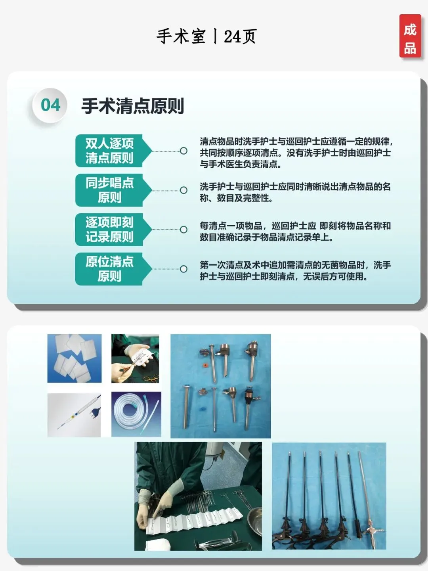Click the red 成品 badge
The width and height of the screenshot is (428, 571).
(410, 36)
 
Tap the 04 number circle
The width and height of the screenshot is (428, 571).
(50, 105)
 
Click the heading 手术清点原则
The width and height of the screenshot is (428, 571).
(133, 106)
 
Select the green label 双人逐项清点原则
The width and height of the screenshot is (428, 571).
(113, 151)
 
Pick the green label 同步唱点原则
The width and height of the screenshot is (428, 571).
(113, 190)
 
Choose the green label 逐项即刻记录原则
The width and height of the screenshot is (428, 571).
(113, 230)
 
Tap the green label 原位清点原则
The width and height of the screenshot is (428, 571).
(113, 269)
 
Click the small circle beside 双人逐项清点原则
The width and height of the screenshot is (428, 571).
(184, 151)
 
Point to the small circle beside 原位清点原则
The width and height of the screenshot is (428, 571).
(184, 269)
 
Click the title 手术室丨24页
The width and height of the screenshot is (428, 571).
(206, 36)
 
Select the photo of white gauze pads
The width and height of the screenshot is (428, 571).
(75, 358)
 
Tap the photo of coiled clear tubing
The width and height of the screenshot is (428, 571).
(136, 414)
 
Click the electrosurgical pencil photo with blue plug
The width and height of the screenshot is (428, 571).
(74, 415)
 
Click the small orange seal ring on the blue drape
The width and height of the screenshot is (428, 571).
(206, 366)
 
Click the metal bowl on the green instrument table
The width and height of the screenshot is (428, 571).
(255, 518)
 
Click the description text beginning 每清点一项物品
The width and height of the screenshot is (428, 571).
(295, 231)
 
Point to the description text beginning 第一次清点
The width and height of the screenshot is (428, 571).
(295, 270)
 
